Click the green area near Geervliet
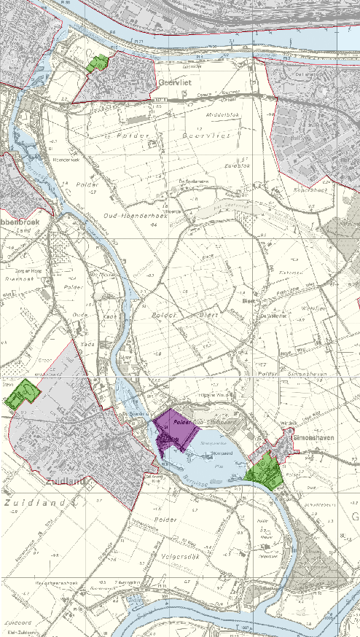coord(97,63)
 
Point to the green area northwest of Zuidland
coord(20,393)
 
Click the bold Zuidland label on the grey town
coord(65,481)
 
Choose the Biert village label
coord(247,300)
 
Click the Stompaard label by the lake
coord(220,453)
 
